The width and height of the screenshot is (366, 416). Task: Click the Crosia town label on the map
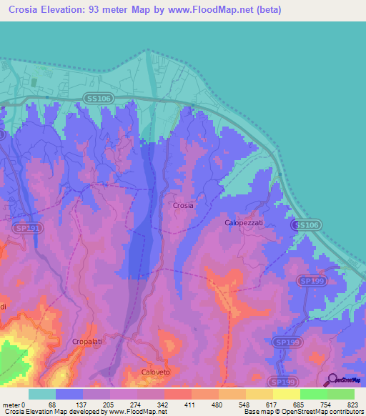tap(183, 205)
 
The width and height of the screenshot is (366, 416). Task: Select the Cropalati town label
tap(89, 342)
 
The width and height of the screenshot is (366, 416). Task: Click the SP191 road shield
tap(24, 227)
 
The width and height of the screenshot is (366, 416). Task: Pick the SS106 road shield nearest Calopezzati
tap(305, 224)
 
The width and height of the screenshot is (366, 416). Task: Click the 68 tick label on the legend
tap(51, 404)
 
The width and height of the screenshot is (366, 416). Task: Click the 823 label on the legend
tap(350, 404)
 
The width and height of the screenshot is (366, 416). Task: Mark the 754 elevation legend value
tap(323, 404)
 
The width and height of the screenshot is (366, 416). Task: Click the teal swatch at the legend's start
tap(42, 394)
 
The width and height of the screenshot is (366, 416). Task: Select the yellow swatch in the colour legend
tap(286, 394)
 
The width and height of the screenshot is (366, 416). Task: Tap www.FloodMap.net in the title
tap(216, 10)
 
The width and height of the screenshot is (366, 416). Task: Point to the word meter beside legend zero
tap(11, 404)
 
